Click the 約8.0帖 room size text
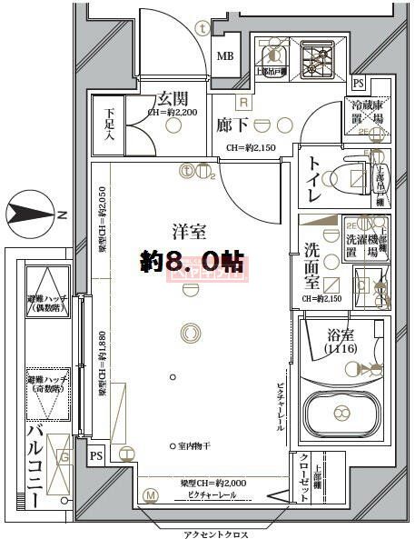pyautogui.click(x=192, y=261)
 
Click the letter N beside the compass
pyautogui.click(x=61, y=215)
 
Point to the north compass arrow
pyautogui.click(x=27, y=215)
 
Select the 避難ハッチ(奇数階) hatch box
pyautogui.click(x=43, y=391)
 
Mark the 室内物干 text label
pyautogui.click(x=195, y=445)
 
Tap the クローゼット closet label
pyautogui.click(x=304, y=475)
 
